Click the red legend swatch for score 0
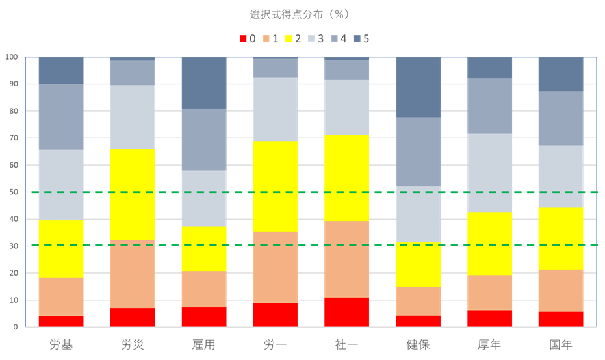click(x=243, y=38)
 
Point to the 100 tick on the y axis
click(x=11, y=57)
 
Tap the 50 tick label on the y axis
click(x=13, y=192)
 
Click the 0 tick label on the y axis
click(x=16, y=328)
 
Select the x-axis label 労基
click(x=61, y=344)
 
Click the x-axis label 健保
click(x=418, y=344)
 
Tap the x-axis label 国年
click(x=561, y=344)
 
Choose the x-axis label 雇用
click(x=203, y=344)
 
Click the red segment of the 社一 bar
click(x=346, y=313)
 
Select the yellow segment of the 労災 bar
click(x=133, y=195)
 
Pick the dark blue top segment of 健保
click(x=418, y=87)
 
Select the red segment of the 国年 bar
click(x=561, y=320)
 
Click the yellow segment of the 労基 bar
click(x=61, y=249)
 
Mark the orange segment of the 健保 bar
click(x=418, y=302)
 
